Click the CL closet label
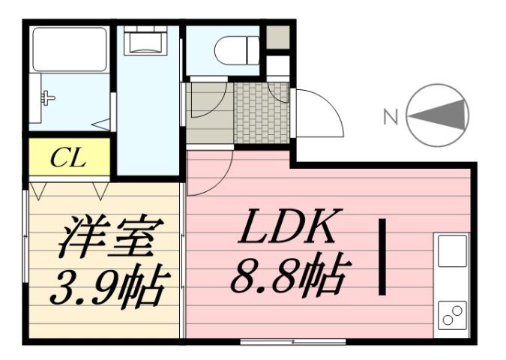point(68,158)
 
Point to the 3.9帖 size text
point(105,285)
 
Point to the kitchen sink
point(453,251)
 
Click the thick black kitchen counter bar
point(383,256)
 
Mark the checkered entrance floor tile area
point(262,113)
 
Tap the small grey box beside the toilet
point(278,37)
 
